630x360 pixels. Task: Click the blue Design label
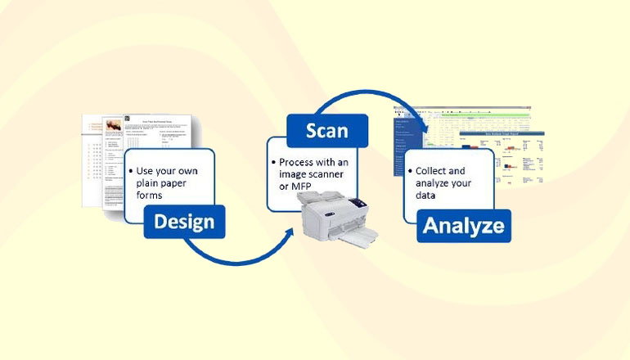tap(184, 221)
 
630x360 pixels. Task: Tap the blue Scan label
tap(326, 131)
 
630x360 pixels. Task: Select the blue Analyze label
tap(463, 226)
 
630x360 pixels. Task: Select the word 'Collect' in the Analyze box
tap(432, 170)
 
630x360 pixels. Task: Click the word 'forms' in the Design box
tap(150, 197)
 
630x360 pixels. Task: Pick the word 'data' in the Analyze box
tap(428, 196)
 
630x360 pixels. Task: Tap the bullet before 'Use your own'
tap(130, 171)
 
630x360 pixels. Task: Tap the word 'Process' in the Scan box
tap(298, 162)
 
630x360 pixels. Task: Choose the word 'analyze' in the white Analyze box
tap(434, 183)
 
